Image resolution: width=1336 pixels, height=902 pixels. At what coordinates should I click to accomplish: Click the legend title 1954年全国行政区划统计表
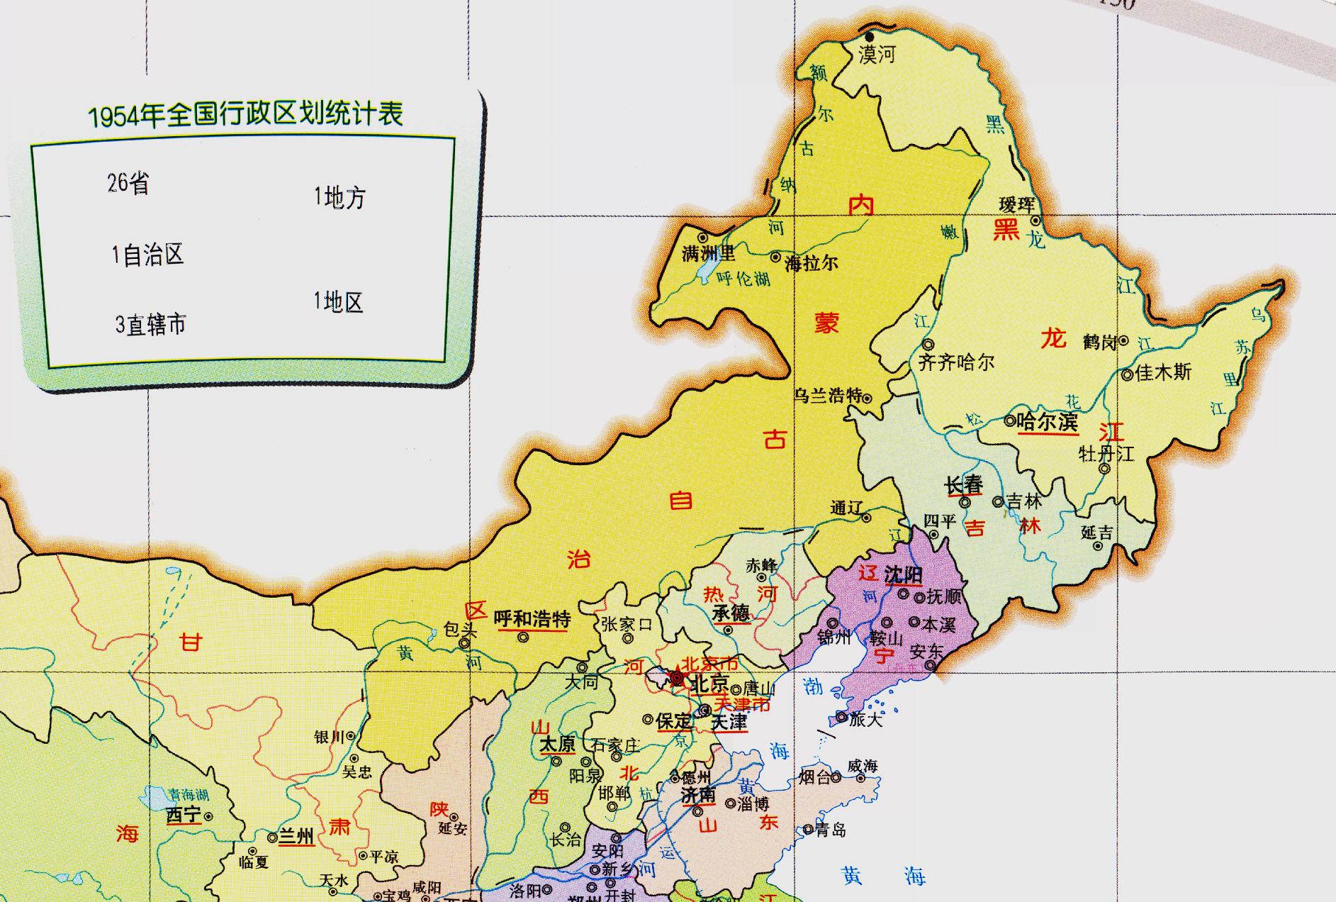[245, 115]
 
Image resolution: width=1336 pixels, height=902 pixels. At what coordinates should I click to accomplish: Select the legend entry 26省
[128, 183]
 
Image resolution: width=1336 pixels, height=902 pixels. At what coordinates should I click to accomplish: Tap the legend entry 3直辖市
[150, 325]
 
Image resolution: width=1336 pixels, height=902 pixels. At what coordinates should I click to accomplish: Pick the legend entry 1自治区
[147, 255]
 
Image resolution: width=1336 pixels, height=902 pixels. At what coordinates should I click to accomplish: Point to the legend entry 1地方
[339, 197]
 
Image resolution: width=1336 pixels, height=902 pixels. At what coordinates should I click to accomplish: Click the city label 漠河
[877, 54]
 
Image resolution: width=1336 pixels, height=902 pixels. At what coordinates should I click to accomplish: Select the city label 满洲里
[708, 253]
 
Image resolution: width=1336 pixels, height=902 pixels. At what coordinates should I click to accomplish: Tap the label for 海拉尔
[812, 264]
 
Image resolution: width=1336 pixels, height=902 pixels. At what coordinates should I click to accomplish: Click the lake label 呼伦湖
[743, 279]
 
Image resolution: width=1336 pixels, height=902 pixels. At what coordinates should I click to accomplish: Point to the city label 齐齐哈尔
[956, 363]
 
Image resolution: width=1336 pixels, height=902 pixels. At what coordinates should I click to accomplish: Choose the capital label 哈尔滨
[1047, 422]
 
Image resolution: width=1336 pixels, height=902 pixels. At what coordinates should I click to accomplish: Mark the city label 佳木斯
[1163, 372]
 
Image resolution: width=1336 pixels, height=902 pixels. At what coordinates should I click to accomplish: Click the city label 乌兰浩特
[827, 396]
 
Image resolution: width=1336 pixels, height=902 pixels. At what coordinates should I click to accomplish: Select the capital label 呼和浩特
[532, 619]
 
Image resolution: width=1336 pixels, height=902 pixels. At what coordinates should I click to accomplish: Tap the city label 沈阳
[904, 574]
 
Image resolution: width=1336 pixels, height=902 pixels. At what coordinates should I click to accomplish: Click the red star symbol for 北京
[678, 679]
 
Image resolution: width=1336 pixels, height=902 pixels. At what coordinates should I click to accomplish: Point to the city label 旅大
[865, 719]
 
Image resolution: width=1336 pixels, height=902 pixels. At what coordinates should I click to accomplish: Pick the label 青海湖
[189, 795]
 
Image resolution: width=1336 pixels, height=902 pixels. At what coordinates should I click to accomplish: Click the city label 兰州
[296, 836]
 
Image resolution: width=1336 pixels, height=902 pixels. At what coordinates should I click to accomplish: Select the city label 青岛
[830, 830]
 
